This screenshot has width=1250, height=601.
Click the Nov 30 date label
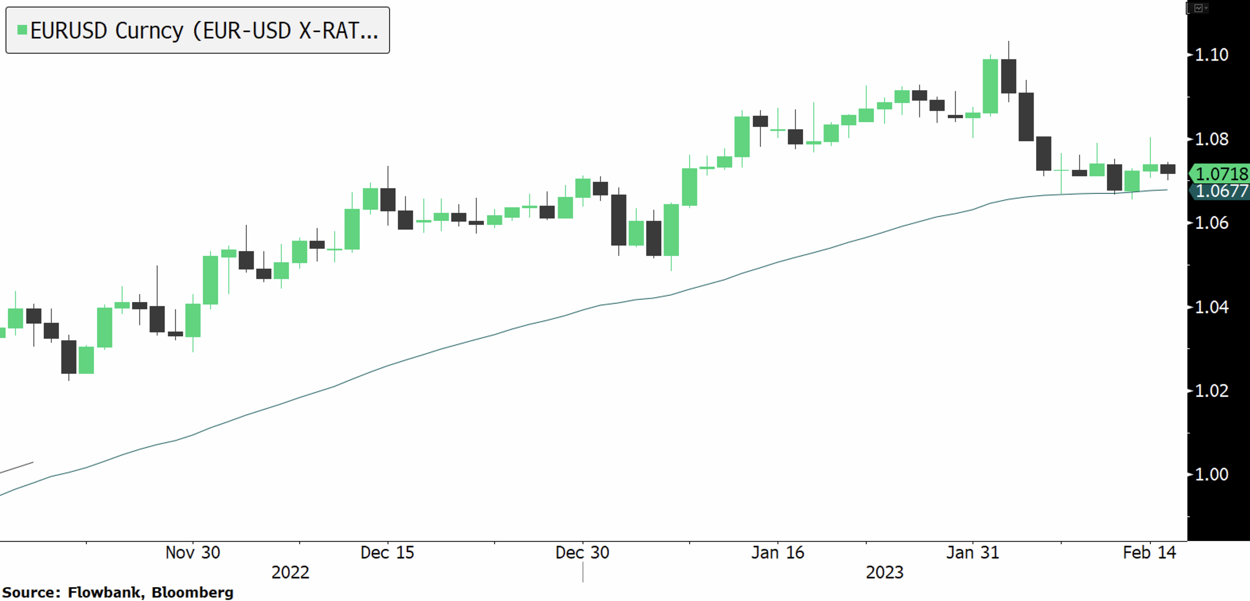click(x=193, y=553)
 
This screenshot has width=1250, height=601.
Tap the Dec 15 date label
click(x=387, y=553)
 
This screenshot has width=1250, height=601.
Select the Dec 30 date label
click(x=582, y=553)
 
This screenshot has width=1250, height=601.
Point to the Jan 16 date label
click(x=778, y=553)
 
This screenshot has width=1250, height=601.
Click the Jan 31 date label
click(x=973, y=553)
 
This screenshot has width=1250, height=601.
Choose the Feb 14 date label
click(x=1149, y=553)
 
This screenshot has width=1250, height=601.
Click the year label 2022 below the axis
click(x=290, y=572)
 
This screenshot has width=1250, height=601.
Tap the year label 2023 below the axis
click(x=884, y=572)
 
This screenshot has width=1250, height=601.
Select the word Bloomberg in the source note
click(x=192, y=593)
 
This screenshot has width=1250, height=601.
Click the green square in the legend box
click(x=22, y=30)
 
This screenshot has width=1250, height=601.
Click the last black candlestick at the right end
click(x=1168, y=169)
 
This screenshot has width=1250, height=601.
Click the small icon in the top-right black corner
click(x=1199, y=8)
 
